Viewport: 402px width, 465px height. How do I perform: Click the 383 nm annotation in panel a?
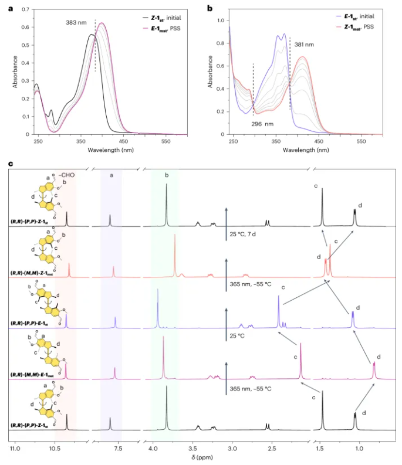tap(77, 24)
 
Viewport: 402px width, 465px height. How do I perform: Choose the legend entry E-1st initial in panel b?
tap(361, 16)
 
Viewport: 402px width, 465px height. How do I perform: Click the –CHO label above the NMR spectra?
tap(65, 174)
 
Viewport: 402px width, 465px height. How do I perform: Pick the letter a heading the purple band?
tap(111, 174)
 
